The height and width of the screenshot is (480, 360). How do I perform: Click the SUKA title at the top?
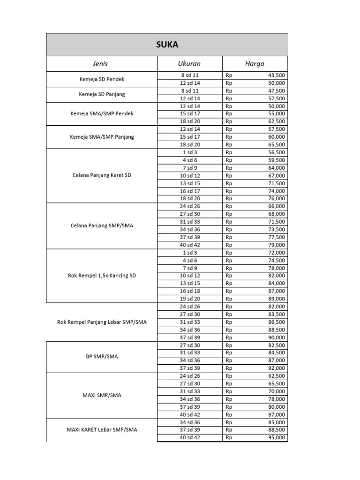tap(166, 45)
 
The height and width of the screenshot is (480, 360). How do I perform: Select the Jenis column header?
tap(102, 64)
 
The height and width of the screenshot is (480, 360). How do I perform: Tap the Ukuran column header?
tap(189, 64)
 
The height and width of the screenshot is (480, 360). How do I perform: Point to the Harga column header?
tap(255, 64)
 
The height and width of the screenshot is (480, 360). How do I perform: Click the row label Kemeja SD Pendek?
tap(102, 79)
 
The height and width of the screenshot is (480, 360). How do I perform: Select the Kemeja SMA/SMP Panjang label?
tap(102, 137)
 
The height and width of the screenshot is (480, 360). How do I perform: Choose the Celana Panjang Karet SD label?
tap(102, 175)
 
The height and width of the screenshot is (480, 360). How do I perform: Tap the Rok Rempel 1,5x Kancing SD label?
tap(102, 276)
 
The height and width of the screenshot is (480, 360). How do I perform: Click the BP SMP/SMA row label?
tap(102, 356)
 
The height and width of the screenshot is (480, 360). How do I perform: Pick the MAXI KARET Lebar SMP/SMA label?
tap(102, 430)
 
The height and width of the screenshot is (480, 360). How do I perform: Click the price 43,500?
tap(276, 75)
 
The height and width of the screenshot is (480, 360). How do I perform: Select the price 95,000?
tap(276, 438)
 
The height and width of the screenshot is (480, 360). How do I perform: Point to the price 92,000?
tap(276, 368)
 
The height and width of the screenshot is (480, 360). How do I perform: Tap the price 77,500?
tap(276, 237)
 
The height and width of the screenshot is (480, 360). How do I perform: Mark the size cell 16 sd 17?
tap(189, 191)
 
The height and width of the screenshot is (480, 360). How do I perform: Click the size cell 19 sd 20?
tap(189, 299)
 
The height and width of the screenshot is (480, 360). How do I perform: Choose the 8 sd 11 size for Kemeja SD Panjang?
tap(189, 91)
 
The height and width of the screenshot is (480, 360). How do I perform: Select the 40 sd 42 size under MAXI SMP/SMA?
tap(189, 414)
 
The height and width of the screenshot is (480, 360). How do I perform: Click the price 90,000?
tap(276, 337)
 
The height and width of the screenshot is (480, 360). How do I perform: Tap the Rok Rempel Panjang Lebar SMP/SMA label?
tap(102, 322)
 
